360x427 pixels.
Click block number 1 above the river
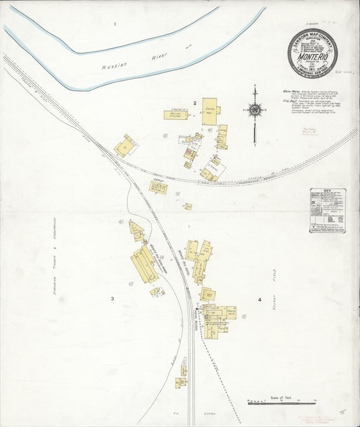(115, 24)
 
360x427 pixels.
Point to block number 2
(194, 103)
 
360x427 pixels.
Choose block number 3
(113, 297)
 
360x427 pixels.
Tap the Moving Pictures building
(175, 115)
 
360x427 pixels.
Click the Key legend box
(328, 210)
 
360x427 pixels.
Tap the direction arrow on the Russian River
(188, 46)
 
